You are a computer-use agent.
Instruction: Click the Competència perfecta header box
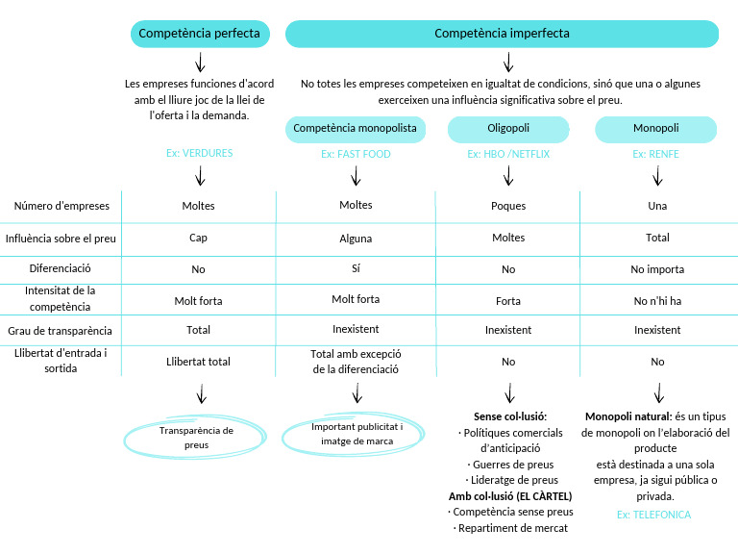coord(199,34)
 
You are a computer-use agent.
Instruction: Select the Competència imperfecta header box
coord(502,34)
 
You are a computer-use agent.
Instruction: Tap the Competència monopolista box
coord(356,129)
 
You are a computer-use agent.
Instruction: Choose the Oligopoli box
coord(508,129)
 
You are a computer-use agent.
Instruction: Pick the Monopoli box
coord(656,129)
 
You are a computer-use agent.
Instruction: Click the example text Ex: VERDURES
coord(199,153)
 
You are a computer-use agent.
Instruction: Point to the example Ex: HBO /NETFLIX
coord(508,154)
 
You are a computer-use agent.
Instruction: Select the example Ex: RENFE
coord(656,154)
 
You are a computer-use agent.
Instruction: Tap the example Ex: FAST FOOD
coord(356,154)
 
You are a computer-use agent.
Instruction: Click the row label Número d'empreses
coord(61,206)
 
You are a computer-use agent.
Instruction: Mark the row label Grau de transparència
coord(61,330)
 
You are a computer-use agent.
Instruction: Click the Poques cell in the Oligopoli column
coord(508,206)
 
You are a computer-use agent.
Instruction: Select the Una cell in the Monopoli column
coord(657,206)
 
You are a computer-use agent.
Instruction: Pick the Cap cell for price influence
coord(198,238)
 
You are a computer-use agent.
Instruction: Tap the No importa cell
coord(657,269)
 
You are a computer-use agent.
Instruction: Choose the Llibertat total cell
coord(198,362)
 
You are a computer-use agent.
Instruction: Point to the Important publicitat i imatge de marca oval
coord(357,434)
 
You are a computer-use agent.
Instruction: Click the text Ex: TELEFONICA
coord(653,515)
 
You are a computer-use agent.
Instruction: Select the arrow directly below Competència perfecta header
coord(200,63)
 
